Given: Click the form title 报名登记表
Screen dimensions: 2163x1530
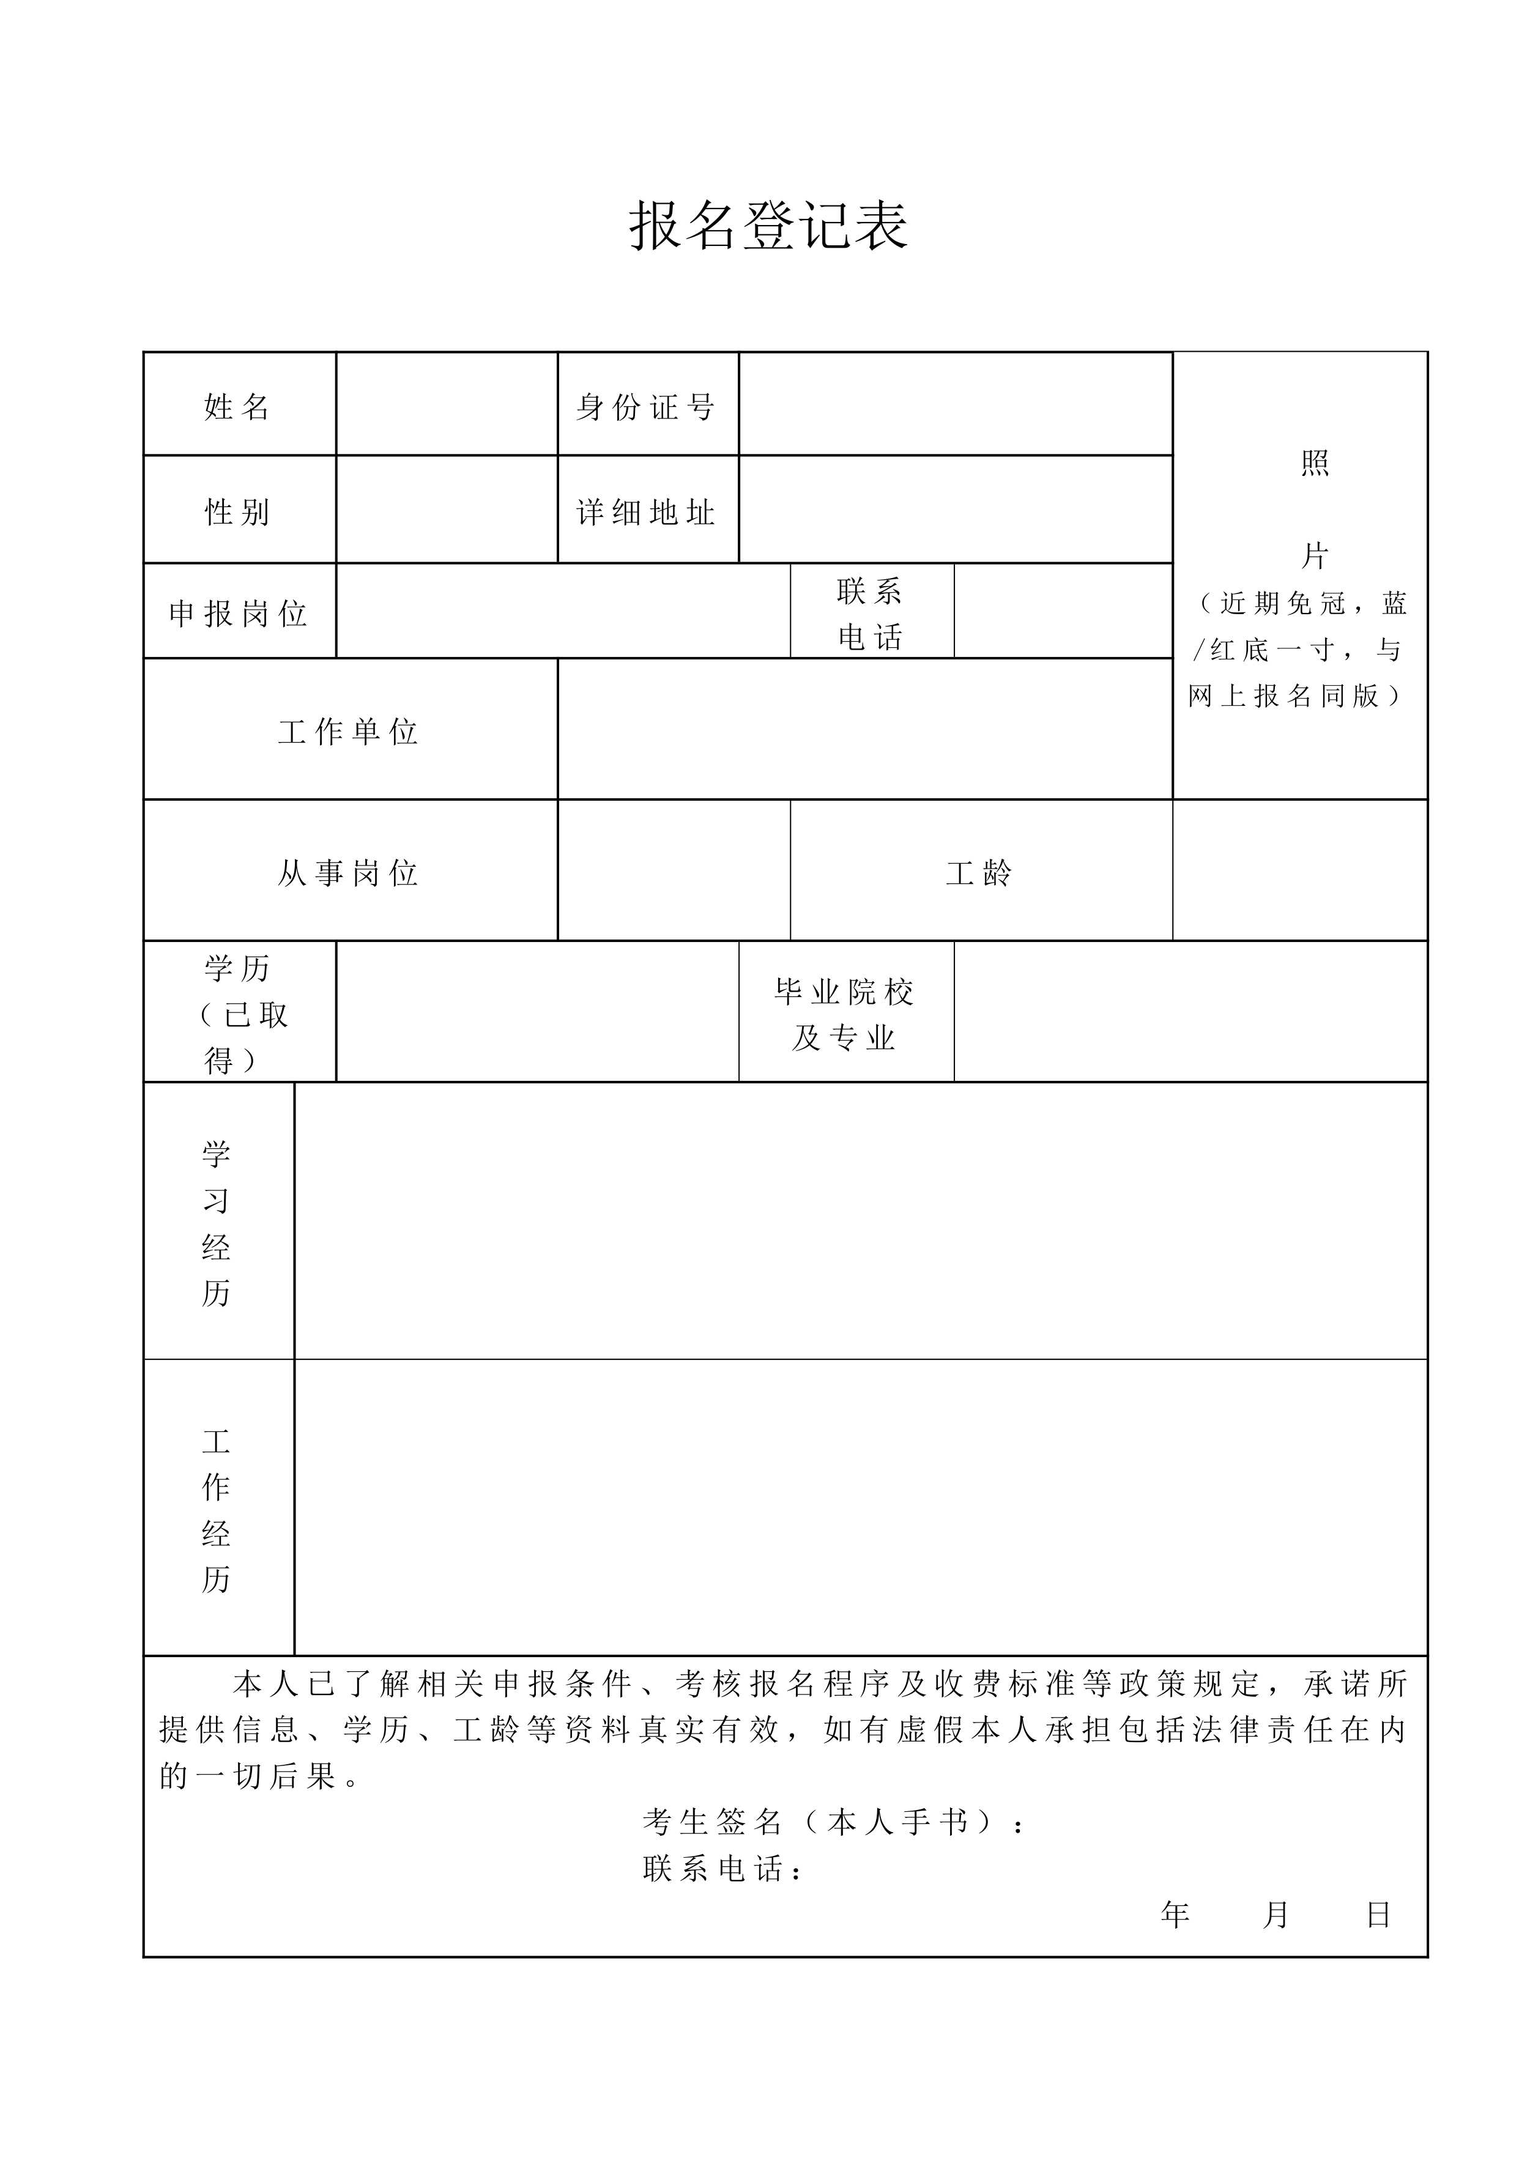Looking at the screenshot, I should pyautogui.click(x=768, y=226).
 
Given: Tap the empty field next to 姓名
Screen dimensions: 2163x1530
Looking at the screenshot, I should pyautogui.click(x=447, y=405).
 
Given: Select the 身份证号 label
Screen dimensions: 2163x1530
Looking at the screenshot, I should pyautogui.click(x=646, y=407).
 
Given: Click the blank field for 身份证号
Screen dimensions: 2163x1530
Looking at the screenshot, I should pyautogui.click(x=956, y=405).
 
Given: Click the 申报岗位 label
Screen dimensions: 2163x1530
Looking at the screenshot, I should pyautogui.click(x=239, y=614).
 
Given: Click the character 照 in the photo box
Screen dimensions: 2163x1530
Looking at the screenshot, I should pyautogui.click(x=1315, y=464).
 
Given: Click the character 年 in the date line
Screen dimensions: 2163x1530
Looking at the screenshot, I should pyautogui.click(x=1176, y=1914).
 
